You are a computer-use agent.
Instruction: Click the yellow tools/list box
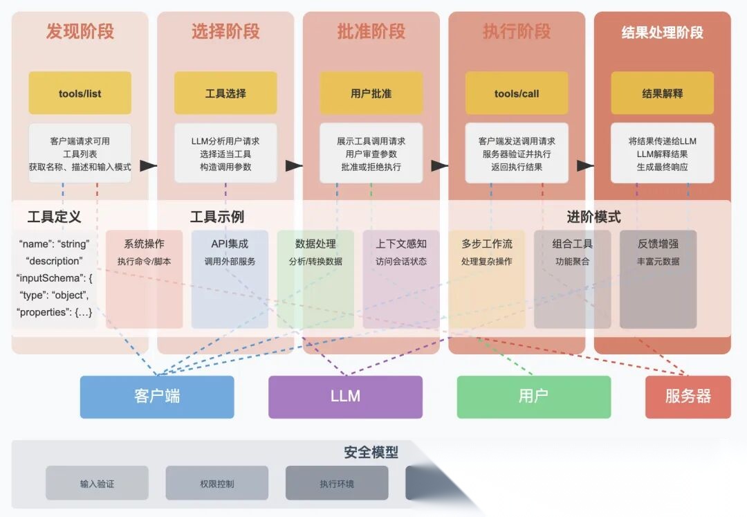point(80,93)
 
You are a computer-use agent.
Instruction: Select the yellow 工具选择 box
point(225,93)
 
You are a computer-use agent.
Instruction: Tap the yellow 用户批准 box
point(371,93)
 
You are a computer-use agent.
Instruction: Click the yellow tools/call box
point(517,93)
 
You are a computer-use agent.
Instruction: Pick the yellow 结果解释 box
point(662,93)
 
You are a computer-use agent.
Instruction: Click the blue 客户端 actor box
point(157,397)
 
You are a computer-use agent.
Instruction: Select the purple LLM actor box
point(345,397)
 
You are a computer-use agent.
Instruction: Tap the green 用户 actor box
point(533,397)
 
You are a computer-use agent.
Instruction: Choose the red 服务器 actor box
point(688,397)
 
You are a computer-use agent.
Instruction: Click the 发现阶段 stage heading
point(80,32)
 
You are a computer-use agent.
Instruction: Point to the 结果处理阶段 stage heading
point(662,33)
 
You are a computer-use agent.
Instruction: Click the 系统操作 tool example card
point(144,279)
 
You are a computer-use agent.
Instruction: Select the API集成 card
point(230,279)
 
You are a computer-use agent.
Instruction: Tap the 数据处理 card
point(315,279)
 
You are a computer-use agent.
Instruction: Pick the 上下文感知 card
point(401,279)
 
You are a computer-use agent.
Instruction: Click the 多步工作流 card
point(487,279)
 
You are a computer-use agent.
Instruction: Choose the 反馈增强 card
point(658,279)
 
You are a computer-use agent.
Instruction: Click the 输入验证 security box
point(97,483)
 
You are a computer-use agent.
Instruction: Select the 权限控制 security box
point(216,483)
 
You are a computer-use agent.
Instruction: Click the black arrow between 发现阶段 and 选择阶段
point(148,166)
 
